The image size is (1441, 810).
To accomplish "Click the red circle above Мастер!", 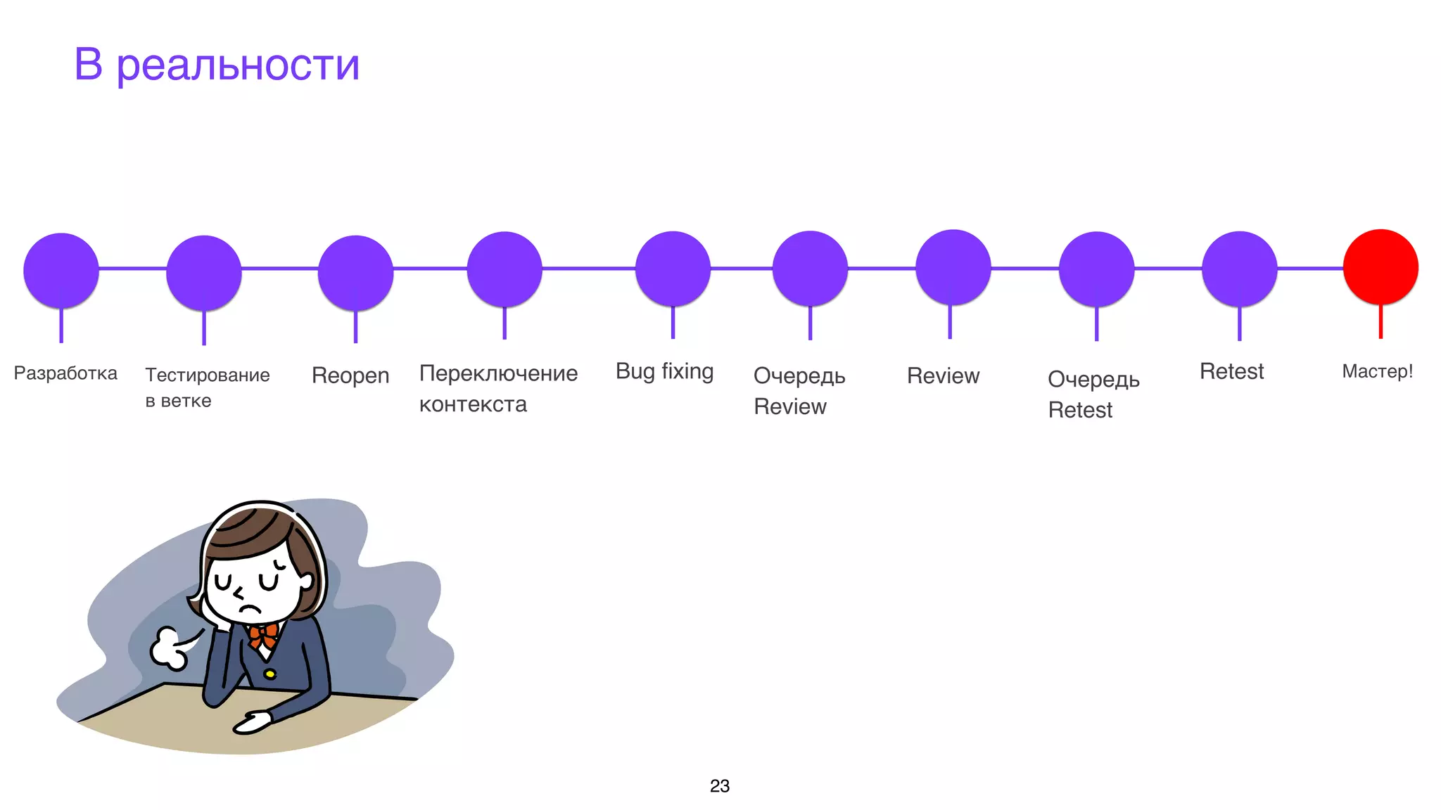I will coord(1380,267).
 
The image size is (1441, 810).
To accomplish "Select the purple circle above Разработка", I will coord(61,270).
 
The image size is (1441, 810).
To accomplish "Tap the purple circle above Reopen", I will coord(355,273).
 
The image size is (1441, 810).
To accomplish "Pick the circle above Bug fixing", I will coord(673,269).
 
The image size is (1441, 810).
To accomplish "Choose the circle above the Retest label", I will coord(1239,269).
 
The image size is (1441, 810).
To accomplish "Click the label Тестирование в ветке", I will coord(207,387).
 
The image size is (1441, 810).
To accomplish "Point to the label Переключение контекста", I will coord(498,388).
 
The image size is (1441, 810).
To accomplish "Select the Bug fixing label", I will coord(664,371).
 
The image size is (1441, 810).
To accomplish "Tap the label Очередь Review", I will coord(799,391).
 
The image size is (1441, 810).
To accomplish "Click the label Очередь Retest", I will coord(1093,394).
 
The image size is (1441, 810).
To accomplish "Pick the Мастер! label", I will coord(1377,371).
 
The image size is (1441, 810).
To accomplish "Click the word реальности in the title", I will coord(238,65).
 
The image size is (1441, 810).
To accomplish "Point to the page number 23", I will coord(720,786).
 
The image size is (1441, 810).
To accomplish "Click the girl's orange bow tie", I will coord(264,635).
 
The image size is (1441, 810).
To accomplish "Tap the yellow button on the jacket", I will coord(269,674).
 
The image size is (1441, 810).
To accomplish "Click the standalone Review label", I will coord(943,376).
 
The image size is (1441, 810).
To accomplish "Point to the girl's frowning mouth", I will coord(249,609).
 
